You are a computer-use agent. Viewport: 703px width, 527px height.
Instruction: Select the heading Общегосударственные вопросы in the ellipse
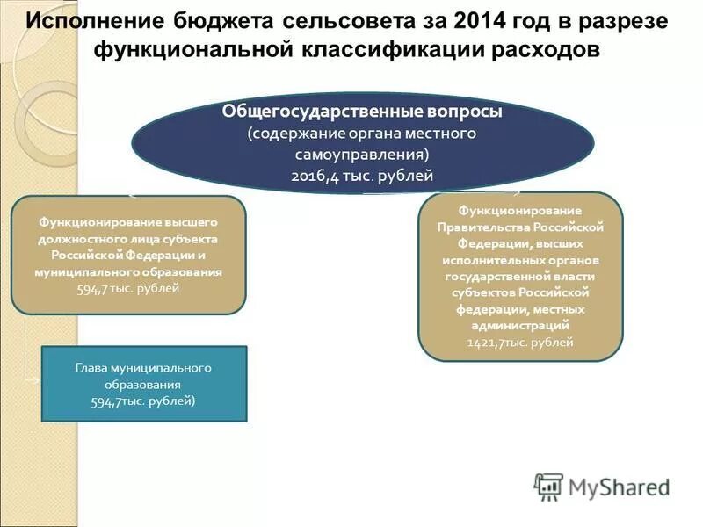(x=362, y=112)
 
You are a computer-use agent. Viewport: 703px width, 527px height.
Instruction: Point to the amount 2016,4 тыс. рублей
(x=362, y=176)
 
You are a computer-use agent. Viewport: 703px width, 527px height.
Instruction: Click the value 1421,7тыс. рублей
(x=520, y=343)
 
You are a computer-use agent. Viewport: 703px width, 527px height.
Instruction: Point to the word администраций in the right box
(x=520, y=326)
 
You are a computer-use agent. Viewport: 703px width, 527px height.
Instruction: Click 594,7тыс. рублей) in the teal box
(x=143, y=401)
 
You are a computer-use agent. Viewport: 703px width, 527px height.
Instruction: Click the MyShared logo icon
(x=548, y=486)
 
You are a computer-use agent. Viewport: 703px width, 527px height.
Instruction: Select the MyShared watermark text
(x=619, y=487)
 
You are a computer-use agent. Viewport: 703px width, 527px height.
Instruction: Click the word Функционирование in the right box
(x=520, y=210)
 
